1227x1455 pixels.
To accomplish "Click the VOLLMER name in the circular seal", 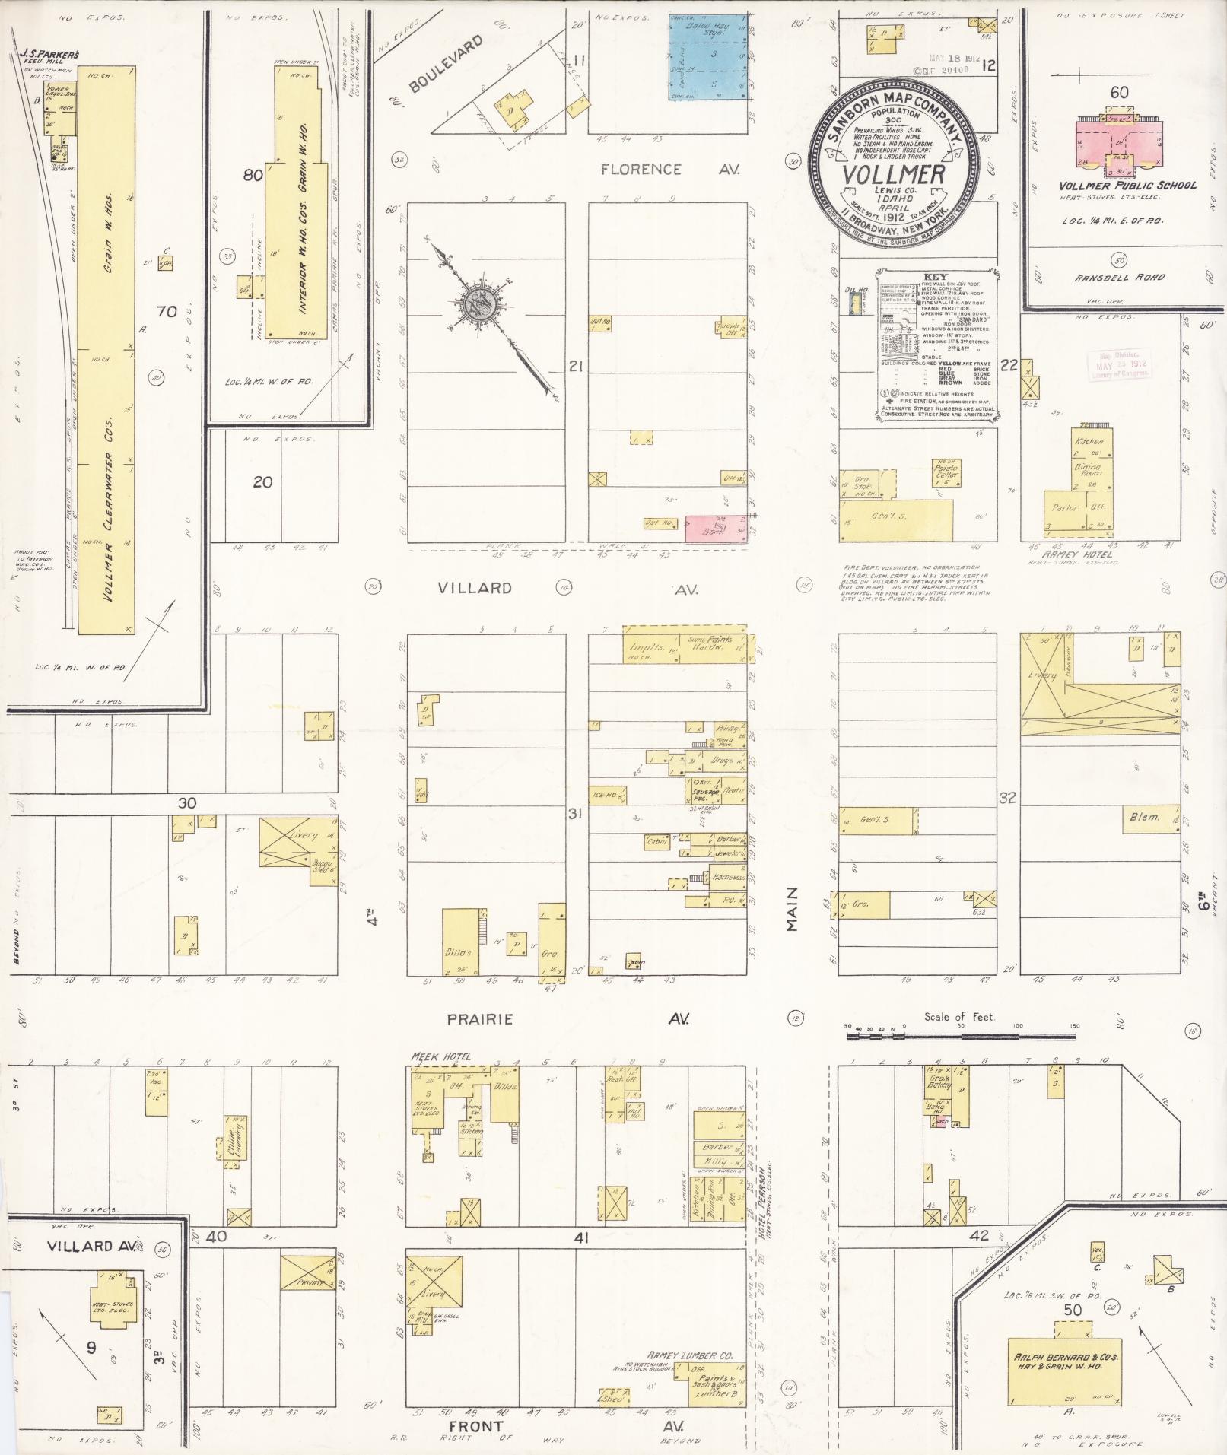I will point(893,174).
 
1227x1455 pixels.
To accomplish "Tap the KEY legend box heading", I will point(936,276).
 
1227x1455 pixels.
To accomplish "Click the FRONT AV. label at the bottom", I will point(475,1426).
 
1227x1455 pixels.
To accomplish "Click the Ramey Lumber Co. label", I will point(689,1355).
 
